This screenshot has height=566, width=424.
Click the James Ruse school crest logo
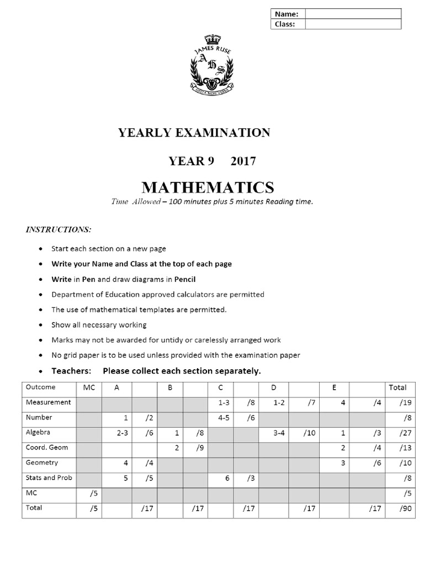pos(213,65)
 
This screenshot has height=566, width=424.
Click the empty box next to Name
pos(353,14)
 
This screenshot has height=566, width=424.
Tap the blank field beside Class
pos(353,24)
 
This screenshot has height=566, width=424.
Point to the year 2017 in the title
pos(243,161)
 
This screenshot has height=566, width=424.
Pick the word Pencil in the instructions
pos(185,279)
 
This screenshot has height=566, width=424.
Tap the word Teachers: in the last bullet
pos(72,370)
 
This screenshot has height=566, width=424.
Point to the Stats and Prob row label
pos(49,477)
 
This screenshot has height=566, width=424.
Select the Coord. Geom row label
pos(47,448)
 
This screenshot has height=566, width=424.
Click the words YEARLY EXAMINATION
pos(194,133)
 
